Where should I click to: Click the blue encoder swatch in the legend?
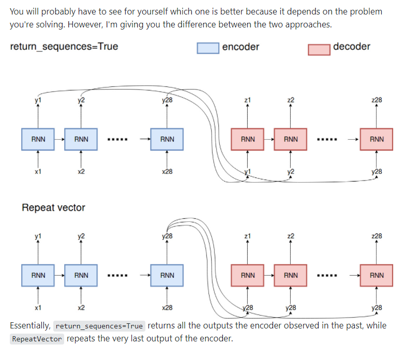207,48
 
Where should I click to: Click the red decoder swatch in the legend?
319,49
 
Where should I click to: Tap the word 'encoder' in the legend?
241,47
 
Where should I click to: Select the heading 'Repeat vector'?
53,208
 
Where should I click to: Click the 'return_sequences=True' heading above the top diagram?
64,47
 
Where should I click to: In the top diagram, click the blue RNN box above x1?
38,139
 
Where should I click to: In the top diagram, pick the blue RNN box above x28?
167,139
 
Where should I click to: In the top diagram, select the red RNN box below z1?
248,139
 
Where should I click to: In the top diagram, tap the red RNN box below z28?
377,139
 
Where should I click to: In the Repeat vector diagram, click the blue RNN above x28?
167,275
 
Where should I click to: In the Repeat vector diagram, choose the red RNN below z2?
291,275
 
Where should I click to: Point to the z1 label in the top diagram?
248,100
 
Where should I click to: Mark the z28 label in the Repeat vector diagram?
377,236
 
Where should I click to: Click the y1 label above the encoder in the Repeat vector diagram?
38,236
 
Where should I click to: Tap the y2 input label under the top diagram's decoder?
291,172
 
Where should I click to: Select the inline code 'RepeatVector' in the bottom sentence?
37,340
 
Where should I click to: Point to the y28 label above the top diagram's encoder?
167,100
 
